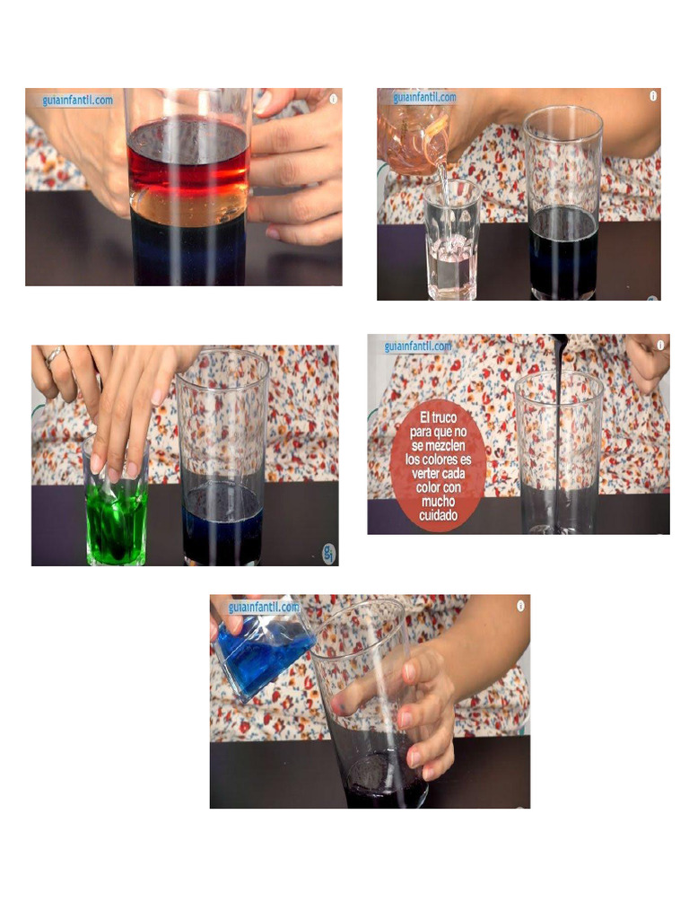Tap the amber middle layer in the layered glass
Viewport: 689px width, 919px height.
pyautogui.click(x=188, y=206)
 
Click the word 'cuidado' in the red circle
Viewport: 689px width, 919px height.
pyautogui.click(x=439, y=515)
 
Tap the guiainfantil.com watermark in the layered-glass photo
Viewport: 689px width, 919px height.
pyautogui.click(x=77, y=101)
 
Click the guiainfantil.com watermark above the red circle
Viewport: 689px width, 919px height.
pyautogui.click(x=418, y=346)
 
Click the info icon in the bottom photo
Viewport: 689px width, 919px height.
pyautogui.click(x=520, y=606)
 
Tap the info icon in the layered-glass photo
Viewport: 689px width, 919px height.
pyautogui.click(x=334, y=99)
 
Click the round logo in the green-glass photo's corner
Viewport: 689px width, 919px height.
pyautogui.click(x=327, y=555)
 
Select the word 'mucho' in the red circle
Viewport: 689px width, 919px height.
pyautogui.click(x=439, y=503)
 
